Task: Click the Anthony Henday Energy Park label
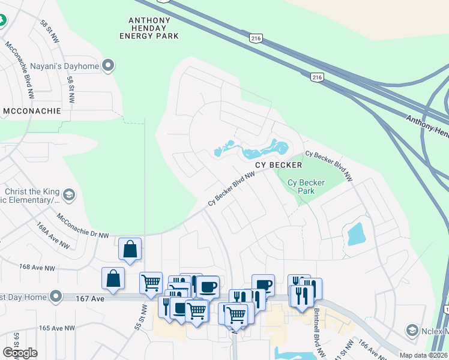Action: coord(154,28)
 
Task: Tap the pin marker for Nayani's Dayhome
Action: coord(109,65)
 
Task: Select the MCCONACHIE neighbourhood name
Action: coord(32,111)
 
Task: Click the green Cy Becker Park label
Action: coord(306,187)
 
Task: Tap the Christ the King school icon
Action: coord(70,194)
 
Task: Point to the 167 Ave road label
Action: coord(87,297)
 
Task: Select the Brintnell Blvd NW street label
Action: coord(316,327)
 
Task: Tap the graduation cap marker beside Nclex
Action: coord(412,330)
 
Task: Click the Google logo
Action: coord(20,353)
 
